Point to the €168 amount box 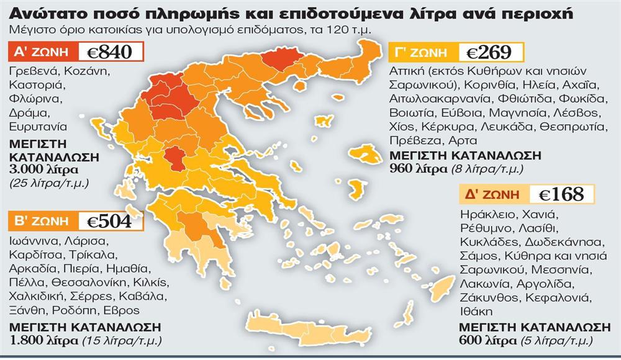561,194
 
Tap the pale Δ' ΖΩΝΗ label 492,194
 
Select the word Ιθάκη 476,311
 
